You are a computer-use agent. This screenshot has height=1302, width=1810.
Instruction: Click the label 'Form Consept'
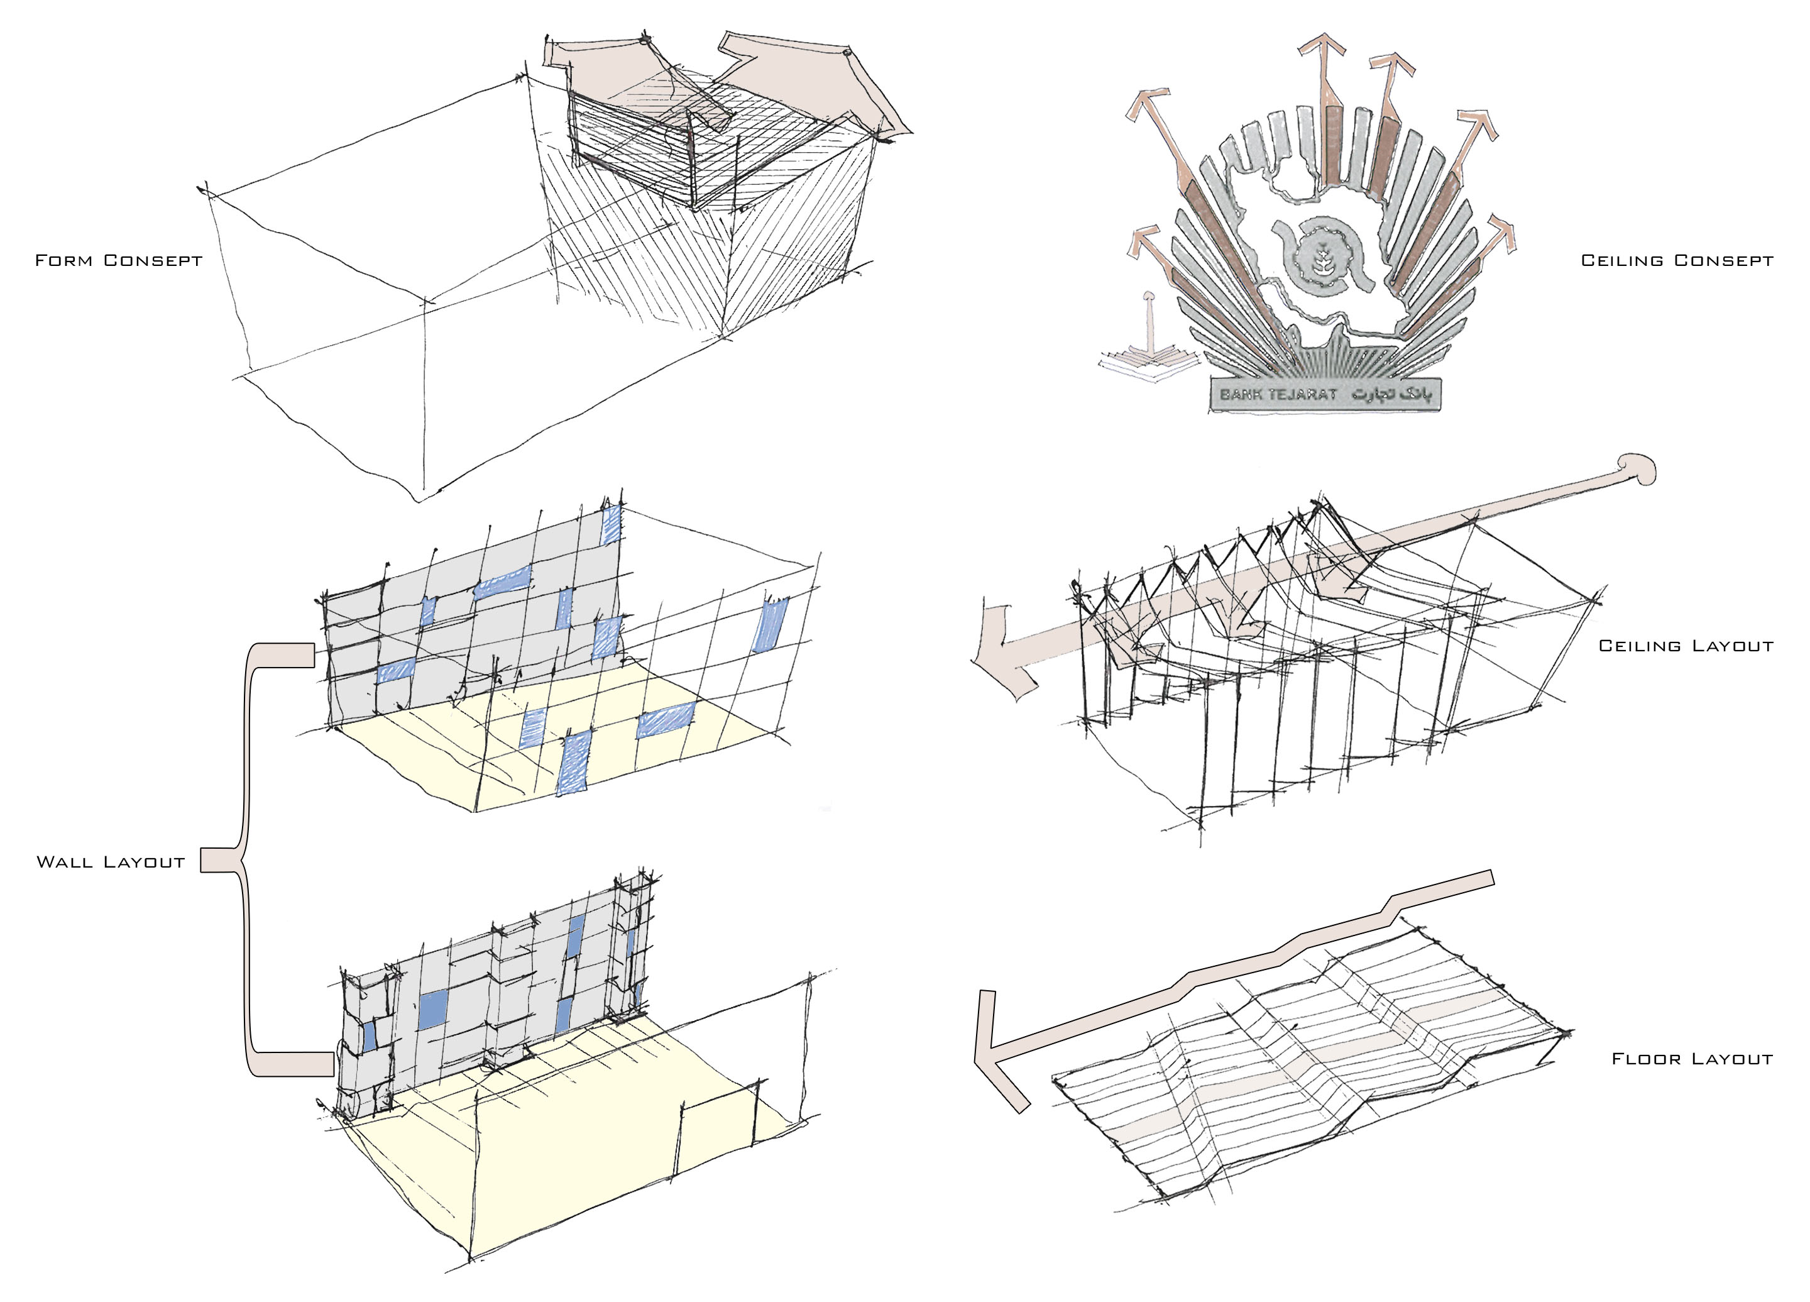(x=119, y=260)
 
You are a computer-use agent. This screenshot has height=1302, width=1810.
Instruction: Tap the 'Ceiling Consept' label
(x=1677, y=260)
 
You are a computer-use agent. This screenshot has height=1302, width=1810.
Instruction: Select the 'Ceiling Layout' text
(x=1686, y=646)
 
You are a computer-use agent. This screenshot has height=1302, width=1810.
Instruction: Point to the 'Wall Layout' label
(x=111, y=862)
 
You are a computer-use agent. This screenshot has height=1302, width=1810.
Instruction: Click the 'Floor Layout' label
(x=1692, y=1059)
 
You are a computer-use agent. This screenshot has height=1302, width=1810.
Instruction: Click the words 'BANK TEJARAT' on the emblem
(x=1278, y=394)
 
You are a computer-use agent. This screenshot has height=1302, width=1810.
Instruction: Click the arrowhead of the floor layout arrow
(x=997, y=1054)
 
